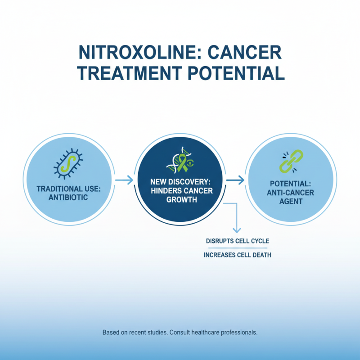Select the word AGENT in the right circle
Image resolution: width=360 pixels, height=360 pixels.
pos(293,202)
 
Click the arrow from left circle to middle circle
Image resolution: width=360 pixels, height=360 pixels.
pos(124,180)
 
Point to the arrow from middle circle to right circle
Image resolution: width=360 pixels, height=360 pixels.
pos(235,180)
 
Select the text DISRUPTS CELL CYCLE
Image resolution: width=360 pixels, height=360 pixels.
pos(238,241)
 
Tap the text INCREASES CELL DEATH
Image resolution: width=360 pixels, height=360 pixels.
pos(238,255)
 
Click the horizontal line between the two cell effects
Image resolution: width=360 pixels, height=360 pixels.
pos(237,248)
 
